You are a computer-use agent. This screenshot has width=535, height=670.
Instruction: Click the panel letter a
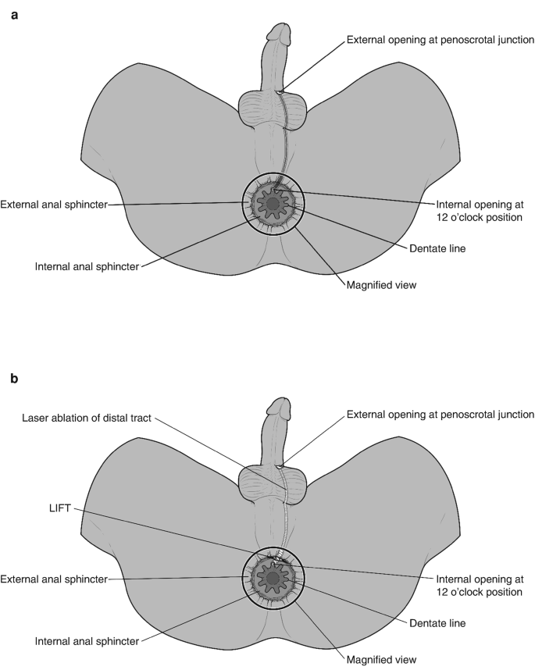[x=14, y=13]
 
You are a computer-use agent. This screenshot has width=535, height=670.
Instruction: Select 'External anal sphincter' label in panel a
[x=53, y=205]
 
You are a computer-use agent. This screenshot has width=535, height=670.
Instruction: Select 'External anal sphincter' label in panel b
[x=53, y=579]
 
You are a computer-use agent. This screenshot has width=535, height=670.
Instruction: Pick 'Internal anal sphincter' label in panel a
[x=87, y=266]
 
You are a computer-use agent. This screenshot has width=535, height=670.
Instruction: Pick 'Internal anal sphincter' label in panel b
[x=87, y=640]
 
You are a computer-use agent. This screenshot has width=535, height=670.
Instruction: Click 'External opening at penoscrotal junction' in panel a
[x=440, y=39]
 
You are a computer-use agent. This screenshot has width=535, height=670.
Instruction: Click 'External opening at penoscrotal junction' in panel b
[x=440, y=413]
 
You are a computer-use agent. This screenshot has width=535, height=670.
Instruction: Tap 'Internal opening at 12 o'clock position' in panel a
[x=478, y=212]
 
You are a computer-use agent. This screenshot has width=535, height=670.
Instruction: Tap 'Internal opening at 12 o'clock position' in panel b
[x=478, y=586]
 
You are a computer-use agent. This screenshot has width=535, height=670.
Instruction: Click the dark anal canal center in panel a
[x=273, y=205]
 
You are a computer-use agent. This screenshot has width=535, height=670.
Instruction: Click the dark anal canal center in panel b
[x=273, y=579]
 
